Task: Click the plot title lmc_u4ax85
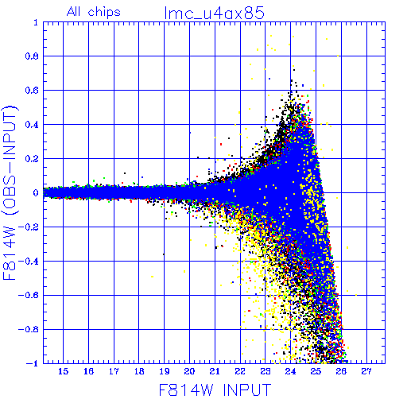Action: (215, 13)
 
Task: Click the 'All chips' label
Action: (94, 12)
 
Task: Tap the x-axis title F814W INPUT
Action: (215, 390)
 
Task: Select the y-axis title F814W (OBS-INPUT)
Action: (10, 192)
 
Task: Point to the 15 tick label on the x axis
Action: (63, 371)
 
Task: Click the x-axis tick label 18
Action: (139, 371)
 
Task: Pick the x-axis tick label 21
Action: (215, 371)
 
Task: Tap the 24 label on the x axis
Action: (290, 371)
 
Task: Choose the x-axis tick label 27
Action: (366, 371)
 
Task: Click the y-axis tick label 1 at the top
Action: (36, 22)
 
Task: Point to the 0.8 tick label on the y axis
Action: (32, 56)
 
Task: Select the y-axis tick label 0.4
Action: (32, 125)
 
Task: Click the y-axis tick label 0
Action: (36, 193)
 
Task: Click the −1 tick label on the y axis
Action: (32, 363)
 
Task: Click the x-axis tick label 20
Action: (189, 371)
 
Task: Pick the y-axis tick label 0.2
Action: (32, 159)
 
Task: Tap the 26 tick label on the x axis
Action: (341, 371)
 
